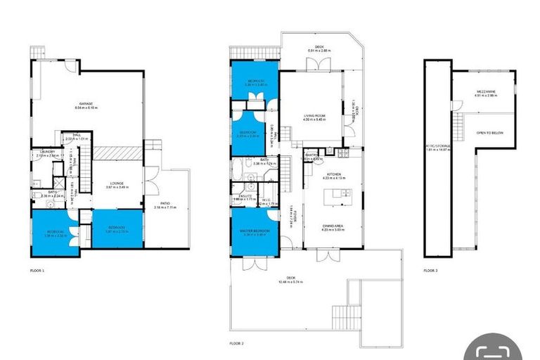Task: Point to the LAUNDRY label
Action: click(48, 152)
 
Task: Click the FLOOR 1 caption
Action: click(37, 270)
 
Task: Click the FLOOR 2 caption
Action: click(236, 343)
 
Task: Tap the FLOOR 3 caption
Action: click(430, 270)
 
